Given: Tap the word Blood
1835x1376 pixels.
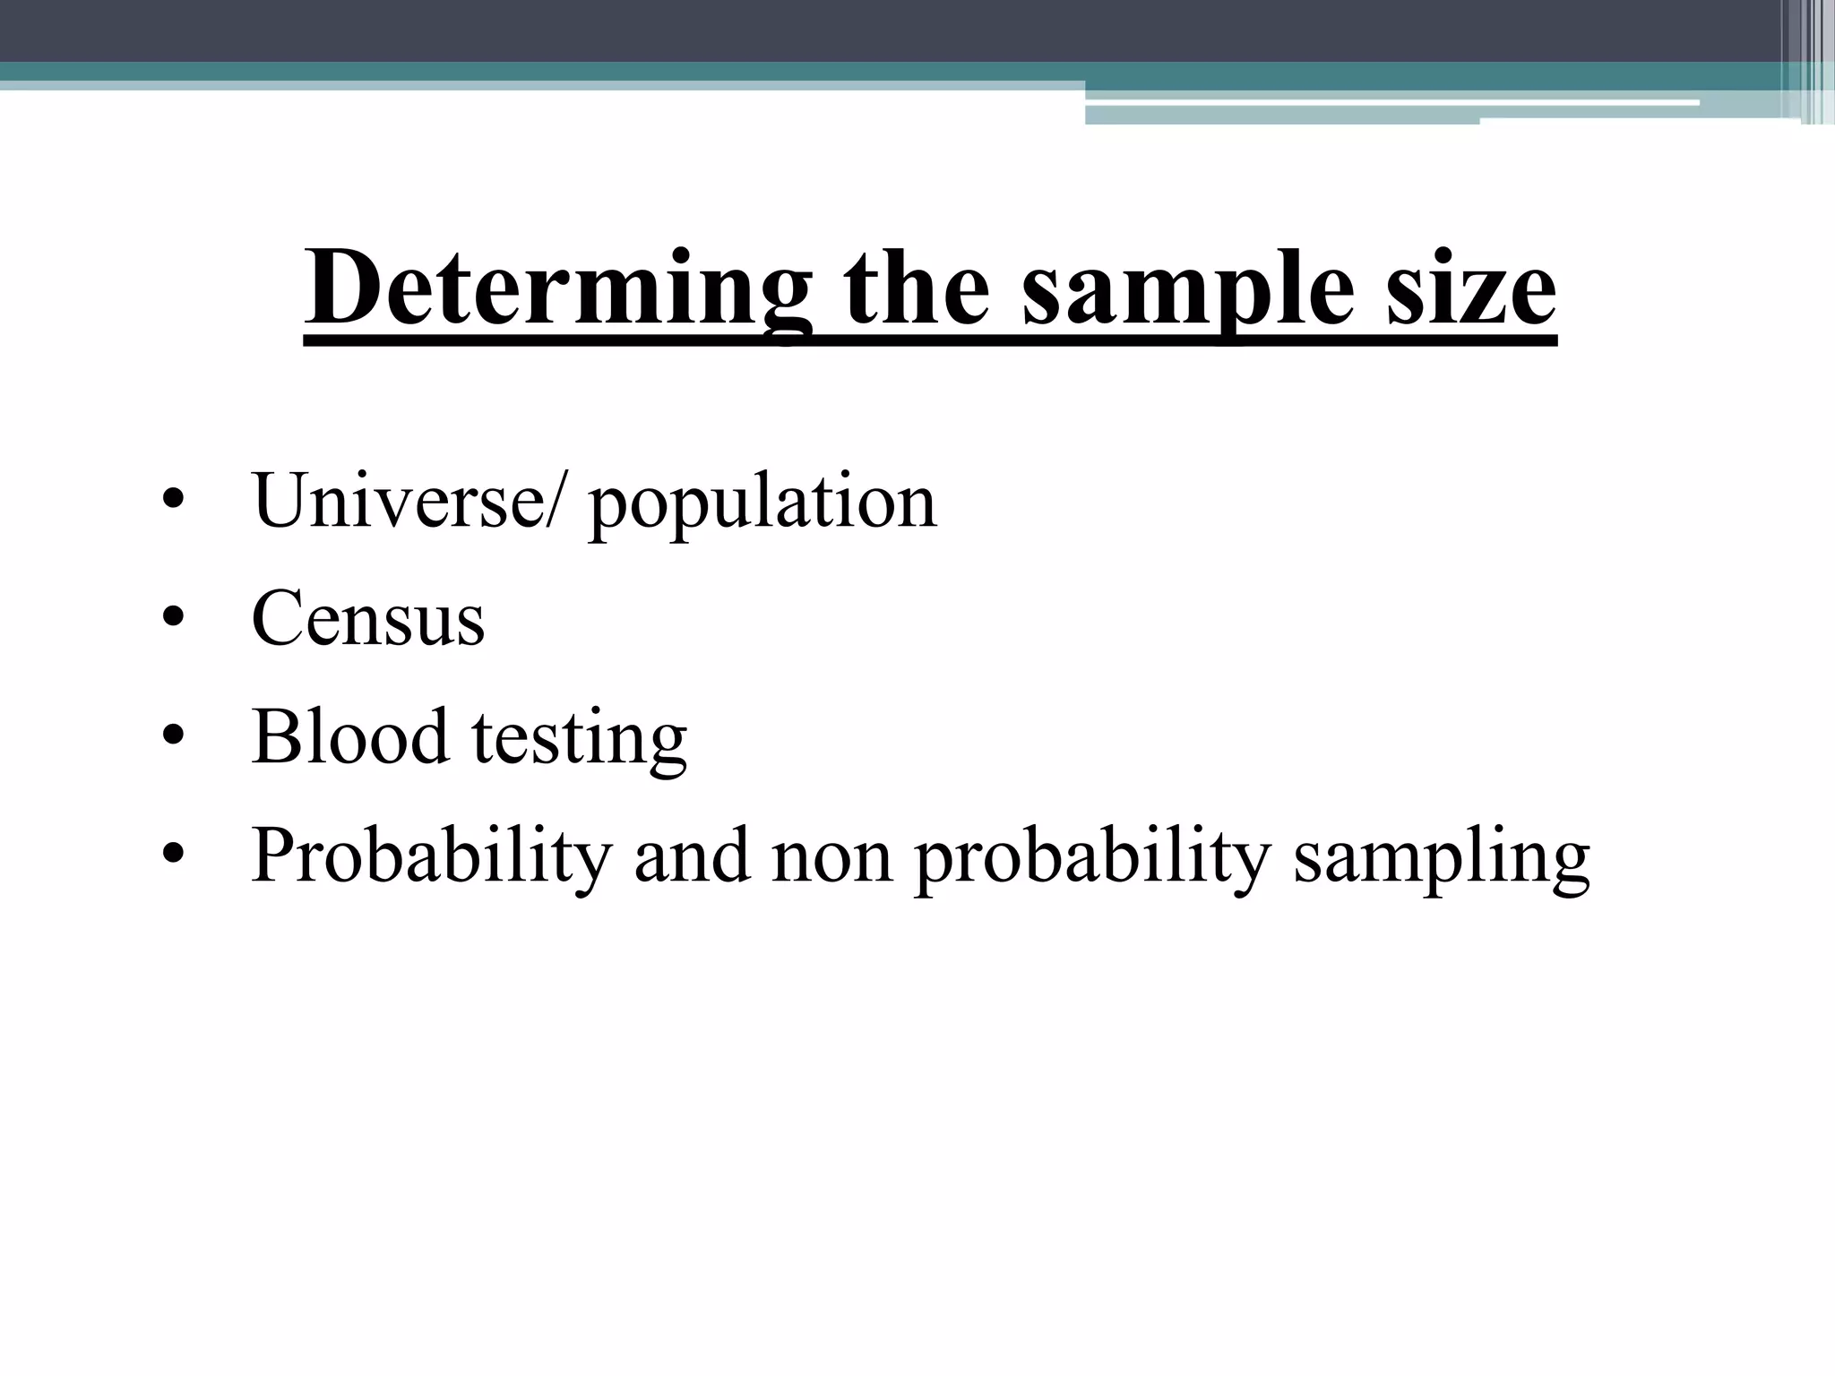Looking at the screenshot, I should pyautogui.click(x=349, y=735).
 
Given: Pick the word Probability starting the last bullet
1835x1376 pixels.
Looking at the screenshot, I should pyautogui.click(x=431, y=855).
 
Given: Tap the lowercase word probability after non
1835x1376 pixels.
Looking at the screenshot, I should pyautogui.click(x=1093, y=855).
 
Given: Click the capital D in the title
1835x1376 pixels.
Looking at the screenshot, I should pyautogui.click(x=339, y=288).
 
